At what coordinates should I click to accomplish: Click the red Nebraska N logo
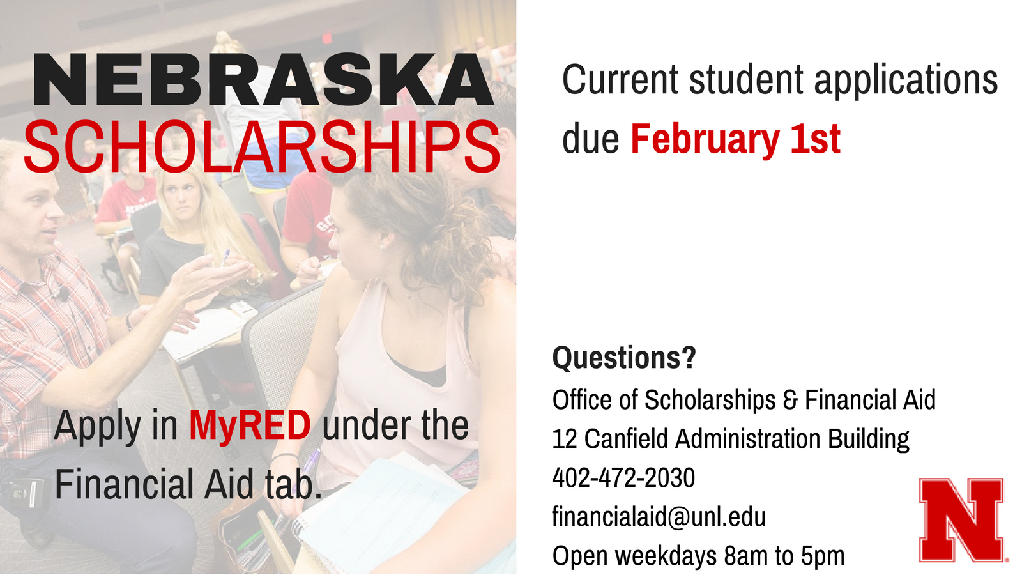[x=962, y=520]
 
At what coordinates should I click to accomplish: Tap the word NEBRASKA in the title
[x=264, y=80]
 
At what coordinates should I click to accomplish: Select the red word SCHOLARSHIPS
[x=263, y=147]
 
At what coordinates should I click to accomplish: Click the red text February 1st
[x=735, y=139]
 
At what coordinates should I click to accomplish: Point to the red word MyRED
[x=250, y=425]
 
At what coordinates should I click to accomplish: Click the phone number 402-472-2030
[x=623, y=477]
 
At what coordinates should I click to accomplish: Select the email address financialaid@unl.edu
[x=659, y=516]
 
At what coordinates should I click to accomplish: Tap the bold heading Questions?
[x=624, y=357]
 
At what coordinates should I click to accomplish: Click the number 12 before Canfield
[x=565, y=438]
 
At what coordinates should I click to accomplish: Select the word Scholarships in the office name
[x=710, y=400]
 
